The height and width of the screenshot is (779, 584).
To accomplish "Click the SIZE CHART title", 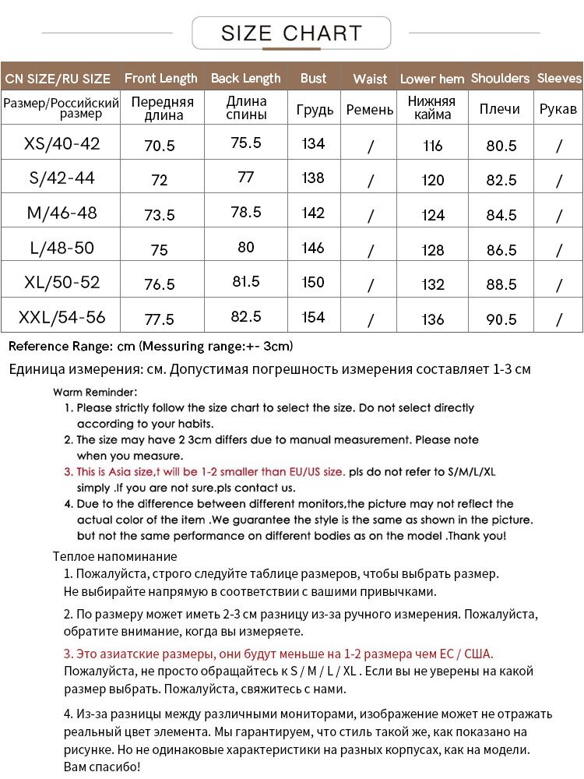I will click(291, 33).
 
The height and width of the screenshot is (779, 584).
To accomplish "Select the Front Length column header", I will click(161, 78).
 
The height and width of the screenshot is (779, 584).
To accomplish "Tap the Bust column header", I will click(313, 78).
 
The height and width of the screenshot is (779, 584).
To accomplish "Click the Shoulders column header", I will click(500, 78).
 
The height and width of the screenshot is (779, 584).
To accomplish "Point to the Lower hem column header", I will click(432, 79).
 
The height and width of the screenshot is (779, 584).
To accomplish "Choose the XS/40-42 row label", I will click(62, 143).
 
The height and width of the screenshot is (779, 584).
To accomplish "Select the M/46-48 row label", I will click(62, 213).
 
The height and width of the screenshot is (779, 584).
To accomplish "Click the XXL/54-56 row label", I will click(62, 318).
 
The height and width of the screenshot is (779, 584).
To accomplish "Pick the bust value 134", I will click(313, 143).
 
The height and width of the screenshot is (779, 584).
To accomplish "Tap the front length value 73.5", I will click(160, 215).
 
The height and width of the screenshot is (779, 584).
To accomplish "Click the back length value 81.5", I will click(246, 281).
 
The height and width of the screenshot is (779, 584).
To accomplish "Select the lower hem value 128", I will click(432, 250).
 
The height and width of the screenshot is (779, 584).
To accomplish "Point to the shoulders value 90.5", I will click(501, 319).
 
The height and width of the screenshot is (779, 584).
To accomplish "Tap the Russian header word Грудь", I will click(315, 109).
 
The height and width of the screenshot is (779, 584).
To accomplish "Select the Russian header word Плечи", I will click(500, 109).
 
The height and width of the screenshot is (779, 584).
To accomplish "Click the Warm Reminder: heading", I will click(95, 392).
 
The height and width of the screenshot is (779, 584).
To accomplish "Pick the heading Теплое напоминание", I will click(115, 556).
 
